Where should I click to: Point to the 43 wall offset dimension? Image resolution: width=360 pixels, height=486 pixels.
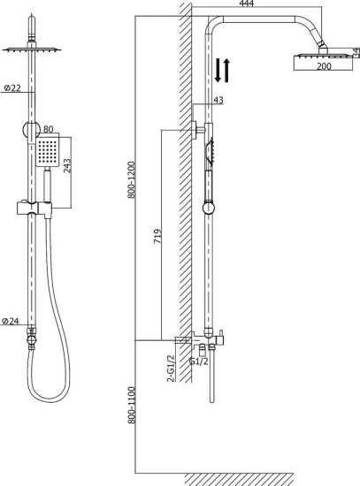[218, 101]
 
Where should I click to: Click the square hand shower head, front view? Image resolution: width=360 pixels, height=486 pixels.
[50, 152]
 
